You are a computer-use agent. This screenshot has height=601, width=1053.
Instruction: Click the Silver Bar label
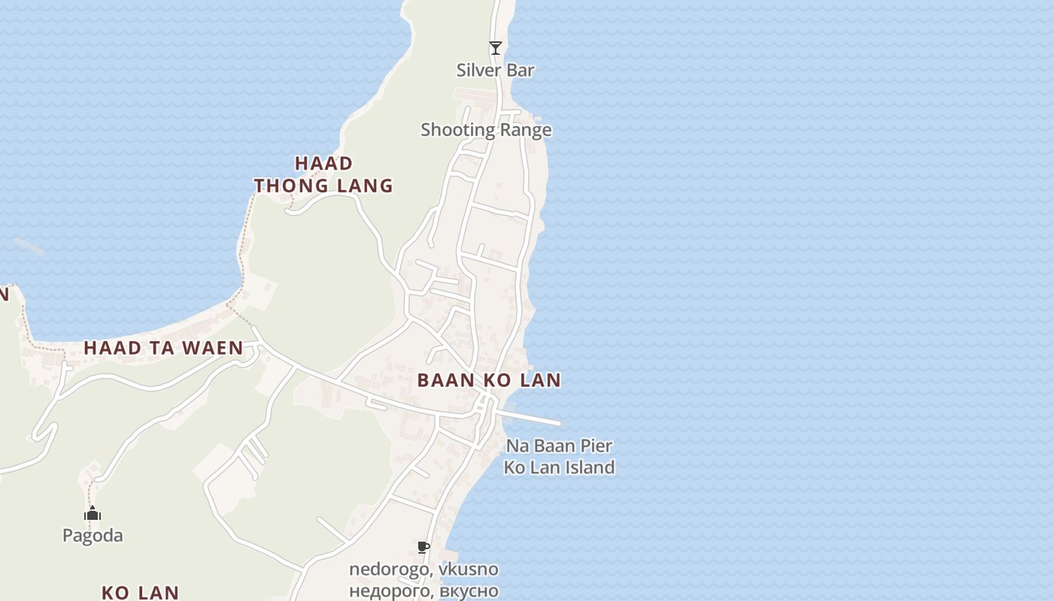tap(495, 71)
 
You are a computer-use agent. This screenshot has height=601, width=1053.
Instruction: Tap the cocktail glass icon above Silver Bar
tap(495, 48)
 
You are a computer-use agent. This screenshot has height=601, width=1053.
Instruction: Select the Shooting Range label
tap(486, 130)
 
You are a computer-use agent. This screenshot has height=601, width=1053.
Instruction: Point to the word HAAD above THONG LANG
tap(323, 164)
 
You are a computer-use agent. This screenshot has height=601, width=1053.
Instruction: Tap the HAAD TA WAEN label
tap(163, 348)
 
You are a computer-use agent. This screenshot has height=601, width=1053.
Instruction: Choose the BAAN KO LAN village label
tap(489, 380)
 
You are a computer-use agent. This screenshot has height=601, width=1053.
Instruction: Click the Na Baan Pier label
tap(559, 446)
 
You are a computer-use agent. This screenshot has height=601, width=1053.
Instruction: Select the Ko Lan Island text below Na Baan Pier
tap(559, 467)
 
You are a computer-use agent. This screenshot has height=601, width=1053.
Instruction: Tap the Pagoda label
tap(93, 536)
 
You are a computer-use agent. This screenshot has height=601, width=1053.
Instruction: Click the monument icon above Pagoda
tap(93, 514)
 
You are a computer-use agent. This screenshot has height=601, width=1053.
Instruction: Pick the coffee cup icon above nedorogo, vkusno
tap(423, 547)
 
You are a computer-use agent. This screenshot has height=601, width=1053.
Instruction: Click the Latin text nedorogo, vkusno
tap(423, 569)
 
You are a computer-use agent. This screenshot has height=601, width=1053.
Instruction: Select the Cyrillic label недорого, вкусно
tap(423, 590)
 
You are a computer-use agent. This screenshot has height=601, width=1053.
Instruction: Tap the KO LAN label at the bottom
tap(140, 593)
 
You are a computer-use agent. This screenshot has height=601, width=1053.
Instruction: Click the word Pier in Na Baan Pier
tap(597, 446)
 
